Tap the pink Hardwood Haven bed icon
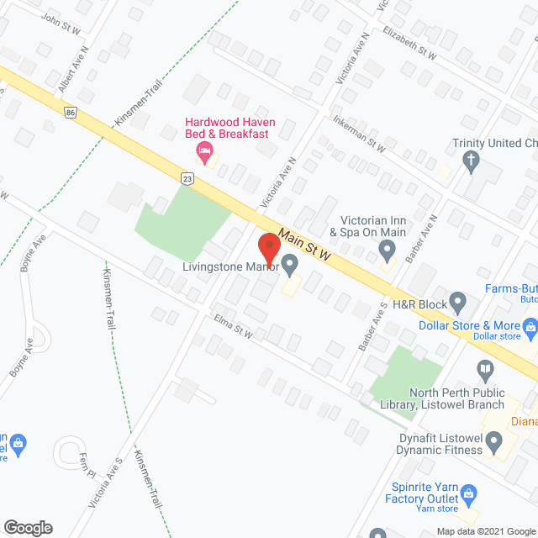click(x=203, y=150)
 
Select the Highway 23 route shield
click(x=187, y=177)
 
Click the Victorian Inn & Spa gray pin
click(x=388, y=249)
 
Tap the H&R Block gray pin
click(x=457, y=300)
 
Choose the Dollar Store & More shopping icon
click(x=530, y=325)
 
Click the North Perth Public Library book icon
click(x=485, y=368)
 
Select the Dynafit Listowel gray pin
click(x=495, y=440)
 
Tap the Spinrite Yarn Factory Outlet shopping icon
click(x=472, y=493)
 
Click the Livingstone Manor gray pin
click(x=290, y=267)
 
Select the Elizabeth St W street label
click(x=409, y=42)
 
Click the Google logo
click(x=28, y=528)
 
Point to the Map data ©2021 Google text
click(x=485, y=530)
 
